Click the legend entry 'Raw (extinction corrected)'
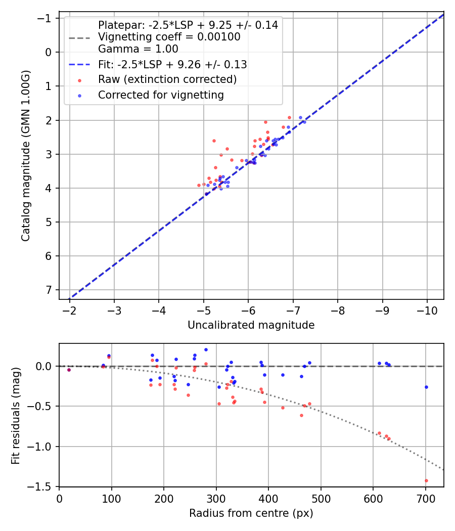pos(167,79)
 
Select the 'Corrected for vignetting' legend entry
pos(161,95)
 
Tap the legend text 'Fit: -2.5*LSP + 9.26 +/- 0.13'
pos(172,65)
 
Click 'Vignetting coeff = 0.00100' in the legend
pos(169,37)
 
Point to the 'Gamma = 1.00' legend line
pos(138,49)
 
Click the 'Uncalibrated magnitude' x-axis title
pos(251,325)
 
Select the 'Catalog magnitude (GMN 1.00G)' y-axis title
pos(25,156)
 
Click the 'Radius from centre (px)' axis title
pos(251,513)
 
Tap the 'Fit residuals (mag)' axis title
pos(16,415)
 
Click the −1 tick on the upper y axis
pos(47,18)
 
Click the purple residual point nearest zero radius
pos(69,370)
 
